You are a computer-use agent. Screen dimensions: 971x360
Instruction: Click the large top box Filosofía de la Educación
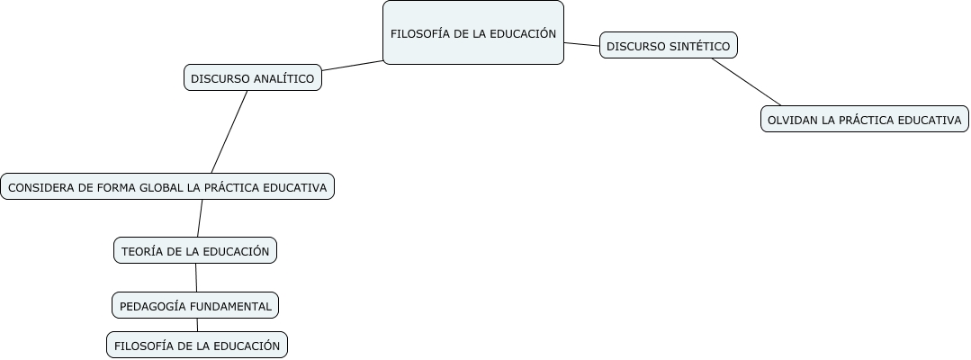[473, 33]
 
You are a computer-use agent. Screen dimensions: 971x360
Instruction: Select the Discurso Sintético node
[668, 45]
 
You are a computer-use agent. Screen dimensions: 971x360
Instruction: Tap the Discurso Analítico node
[252, 78]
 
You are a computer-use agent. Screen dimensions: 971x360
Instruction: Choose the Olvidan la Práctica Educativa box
[864, 119]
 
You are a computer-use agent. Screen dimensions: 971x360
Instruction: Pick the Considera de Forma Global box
[167, 187]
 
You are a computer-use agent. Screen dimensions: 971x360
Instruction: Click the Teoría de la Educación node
[195, 251]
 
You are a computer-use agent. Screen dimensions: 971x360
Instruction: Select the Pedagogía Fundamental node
[195, 306]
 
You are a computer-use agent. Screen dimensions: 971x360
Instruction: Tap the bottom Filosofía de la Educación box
[197, 346]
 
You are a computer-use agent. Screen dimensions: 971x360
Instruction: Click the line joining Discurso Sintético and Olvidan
[746, 82]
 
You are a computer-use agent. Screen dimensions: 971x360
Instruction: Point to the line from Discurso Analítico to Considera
[229, 131]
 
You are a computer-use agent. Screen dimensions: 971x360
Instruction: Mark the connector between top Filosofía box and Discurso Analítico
[353, 66]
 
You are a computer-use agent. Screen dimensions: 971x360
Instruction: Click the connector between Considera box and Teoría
[200, 219]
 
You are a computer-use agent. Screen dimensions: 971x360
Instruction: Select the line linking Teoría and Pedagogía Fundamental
[195, 278]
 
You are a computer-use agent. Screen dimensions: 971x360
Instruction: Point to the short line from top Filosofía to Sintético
[581, 43]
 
